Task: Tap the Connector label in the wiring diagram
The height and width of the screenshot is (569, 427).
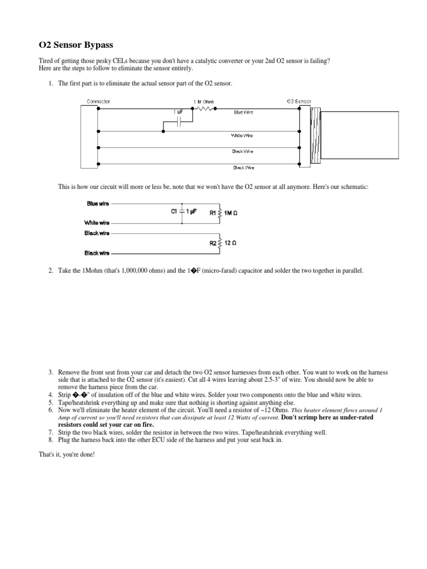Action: click(98, 101)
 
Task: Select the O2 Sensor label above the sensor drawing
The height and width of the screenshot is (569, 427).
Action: click(299, 101)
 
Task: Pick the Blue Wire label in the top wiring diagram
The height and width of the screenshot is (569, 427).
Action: click(243, 112)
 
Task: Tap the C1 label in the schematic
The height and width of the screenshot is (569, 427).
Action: click(173, 211)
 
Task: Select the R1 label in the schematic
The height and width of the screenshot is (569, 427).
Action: click(213, 212)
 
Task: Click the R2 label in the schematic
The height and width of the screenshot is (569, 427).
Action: click(213, 242)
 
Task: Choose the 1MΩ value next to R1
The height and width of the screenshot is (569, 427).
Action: click(231, 212)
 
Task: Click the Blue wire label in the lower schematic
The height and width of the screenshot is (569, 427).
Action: click(97, 203)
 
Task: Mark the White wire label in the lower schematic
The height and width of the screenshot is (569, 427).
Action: click(97, 223)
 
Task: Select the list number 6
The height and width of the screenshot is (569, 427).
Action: click(50, 410)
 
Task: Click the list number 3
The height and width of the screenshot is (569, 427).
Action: click(50, 372)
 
